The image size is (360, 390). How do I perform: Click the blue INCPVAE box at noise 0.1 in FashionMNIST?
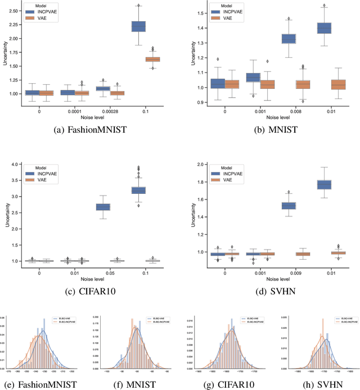138,26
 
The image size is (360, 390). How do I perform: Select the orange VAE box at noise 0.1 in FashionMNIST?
152,59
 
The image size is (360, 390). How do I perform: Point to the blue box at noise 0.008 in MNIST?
289,39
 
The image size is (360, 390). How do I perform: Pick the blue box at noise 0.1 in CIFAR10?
138,190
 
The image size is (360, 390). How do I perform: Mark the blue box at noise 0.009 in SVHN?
289,206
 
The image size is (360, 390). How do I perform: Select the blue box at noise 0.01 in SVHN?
325,184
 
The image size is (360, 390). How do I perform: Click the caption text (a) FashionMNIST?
92,129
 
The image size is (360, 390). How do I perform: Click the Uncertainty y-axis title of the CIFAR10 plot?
5,215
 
